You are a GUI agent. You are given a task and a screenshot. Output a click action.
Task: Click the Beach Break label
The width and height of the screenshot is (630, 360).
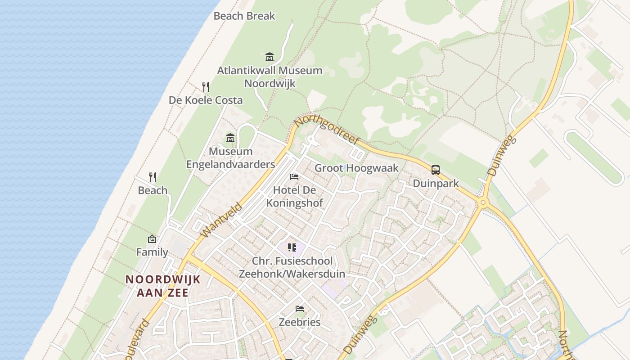click(x=244, y=16)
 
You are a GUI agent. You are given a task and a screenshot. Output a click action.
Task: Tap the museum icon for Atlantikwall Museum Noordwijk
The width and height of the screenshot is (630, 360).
click(x=270, y=57)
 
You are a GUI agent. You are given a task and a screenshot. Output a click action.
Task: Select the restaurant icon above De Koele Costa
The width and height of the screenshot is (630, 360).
click(x=206, y=86)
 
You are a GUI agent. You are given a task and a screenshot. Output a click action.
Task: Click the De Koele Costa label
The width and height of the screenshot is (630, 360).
click(x=206, y=100)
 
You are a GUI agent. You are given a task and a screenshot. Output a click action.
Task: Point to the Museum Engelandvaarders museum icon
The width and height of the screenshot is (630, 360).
click(x=230, y=138)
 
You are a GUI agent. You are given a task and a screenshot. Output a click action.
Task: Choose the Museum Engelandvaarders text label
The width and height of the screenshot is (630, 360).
click(x=230, y=157)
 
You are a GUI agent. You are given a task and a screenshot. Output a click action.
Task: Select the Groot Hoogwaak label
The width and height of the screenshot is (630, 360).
click(x=356, y=168)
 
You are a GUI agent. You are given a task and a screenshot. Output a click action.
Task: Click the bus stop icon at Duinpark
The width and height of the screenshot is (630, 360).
click(x=436, y=170)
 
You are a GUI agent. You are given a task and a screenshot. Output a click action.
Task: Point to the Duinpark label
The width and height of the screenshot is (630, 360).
click(x=436, y=183)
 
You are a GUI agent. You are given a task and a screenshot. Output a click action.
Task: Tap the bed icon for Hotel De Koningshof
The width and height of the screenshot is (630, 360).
click(x=294, y=177)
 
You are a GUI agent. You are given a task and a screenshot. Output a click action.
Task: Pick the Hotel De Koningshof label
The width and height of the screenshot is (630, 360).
click(x=294, y=196)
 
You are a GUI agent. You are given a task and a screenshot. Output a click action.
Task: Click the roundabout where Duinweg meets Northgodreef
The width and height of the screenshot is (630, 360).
click(x=483, y=202)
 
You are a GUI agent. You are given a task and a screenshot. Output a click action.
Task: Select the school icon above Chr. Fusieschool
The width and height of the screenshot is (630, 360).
click(x=292, y=247)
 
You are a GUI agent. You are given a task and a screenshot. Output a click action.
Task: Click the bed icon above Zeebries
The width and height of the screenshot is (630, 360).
click(x=300, y=309)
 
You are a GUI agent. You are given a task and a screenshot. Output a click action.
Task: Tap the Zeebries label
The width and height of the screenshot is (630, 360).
click(x=300, y=322)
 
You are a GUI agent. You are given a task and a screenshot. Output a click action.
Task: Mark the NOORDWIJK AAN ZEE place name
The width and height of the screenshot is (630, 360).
click(x=162, y=286)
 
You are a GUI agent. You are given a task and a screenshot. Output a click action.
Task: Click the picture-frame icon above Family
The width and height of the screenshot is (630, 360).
click(x=152, y=239)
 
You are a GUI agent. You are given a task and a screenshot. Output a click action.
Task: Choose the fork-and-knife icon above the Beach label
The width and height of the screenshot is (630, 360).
click(x=153, y=177)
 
